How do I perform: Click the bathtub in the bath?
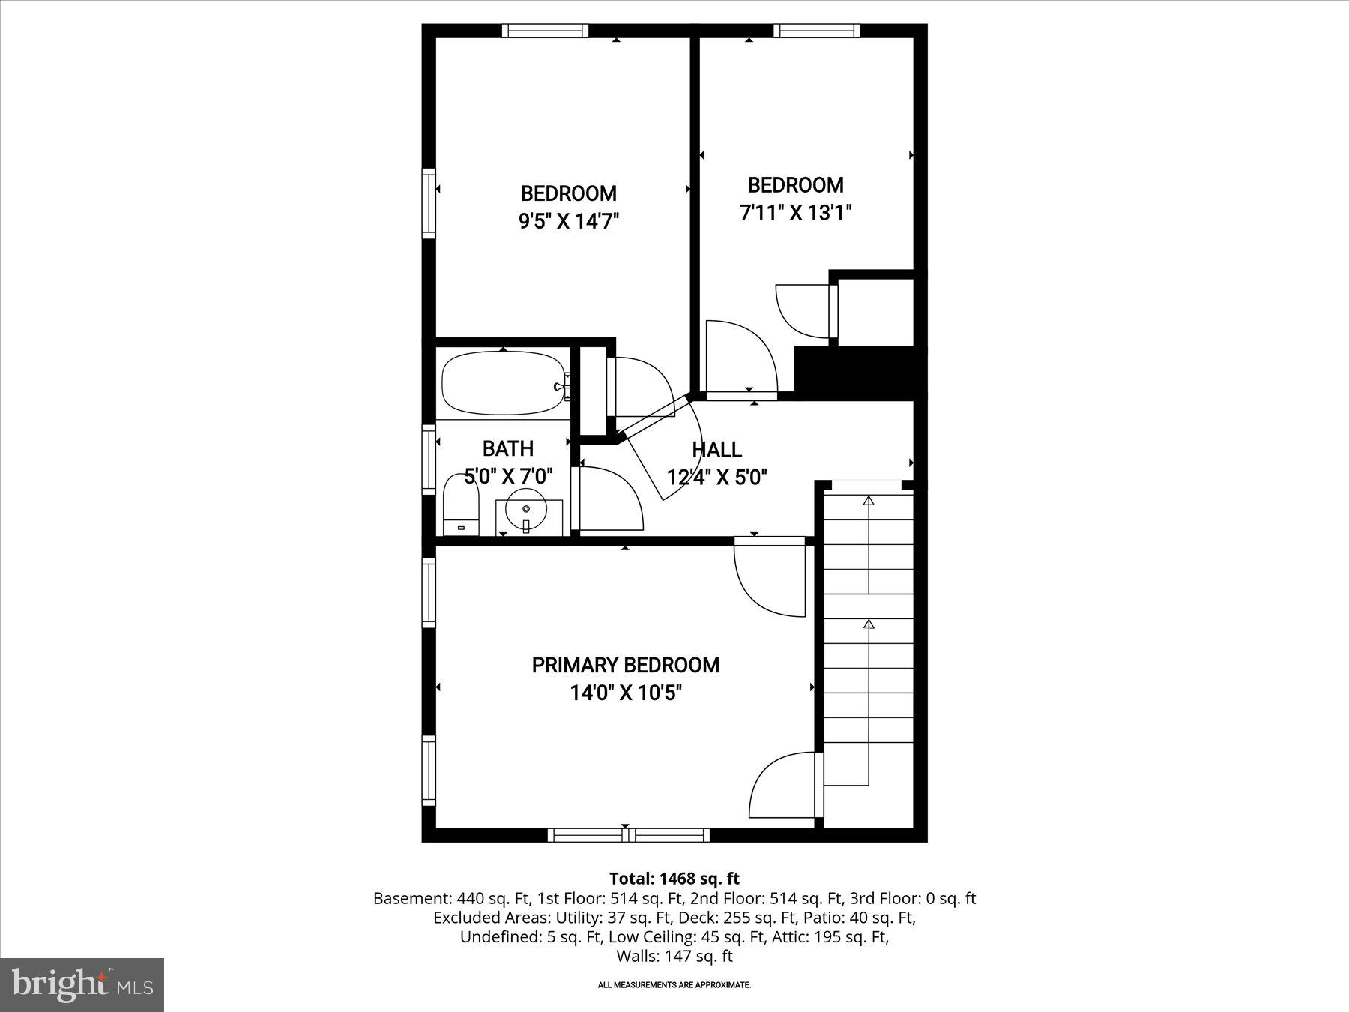point(503,384)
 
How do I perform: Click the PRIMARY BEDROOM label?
point(625,665)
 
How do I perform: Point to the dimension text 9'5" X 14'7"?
point(569,221)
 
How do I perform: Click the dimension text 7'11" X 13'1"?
point(795,213)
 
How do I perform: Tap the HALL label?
point(716,450)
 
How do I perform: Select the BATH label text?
point(508,448)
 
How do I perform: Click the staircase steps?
point(869,637)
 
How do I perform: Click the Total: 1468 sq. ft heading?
point(674,879)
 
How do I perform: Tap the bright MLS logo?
point(82,984)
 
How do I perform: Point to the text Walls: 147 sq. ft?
point(674,956)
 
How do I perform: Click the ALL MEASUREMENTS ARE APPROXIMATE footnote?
point(674,985)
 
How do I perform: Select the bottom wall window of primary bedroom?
point(628,835)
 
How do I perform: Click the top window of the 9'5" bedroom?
point(545,31)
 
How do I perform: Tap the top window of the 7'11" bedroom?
point(816,31)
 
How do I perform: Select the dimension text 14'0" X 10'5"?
point(625,693)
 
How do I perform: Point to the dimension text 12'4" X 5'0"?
point(716,478)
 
